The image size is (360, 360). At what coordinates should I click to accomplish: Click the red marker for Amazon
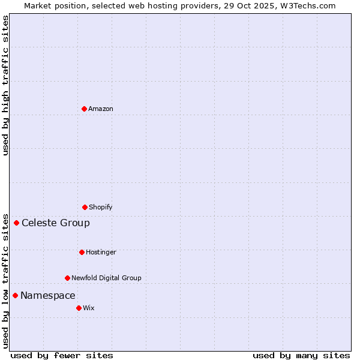(84, 109)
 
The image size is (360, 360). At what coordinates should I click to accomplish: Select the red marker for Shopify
(85, 207)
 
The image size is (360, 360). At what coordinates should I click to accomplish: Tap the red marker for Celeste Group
(16, 223)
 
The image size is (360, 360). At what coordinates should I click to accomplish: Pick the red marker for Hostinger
(82, 252)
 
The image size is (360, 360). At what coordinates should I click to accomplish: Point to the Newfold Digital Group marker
(67, 278)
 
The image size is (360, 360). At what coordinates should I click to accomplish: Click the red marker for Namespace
(15, 295)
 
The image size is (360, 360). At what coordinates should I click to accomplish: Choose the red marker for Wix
(79, 308)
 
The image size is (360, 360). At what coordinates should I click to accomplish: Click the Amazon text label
(101, 109)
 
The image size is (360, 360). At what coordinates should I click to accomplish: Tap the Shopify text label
(101, 207)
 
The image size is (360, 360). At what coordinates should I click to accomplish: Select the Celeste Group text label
(56, 223)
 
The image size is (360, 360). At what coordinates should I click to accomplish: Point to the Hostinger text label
(101, 252)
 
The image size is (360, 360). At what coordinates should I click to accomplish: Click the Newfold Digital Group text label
(106, 278)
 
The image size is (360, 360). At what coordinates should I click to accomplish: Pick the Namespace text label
(48, 295)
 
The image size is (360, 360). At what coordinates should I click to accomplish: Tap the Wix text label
(89, 308)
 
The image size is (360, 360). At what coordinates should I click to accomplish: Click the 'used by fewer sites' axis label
(62, 355)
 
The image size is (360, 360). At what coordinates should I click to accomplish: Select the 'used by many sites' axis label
(301, 355)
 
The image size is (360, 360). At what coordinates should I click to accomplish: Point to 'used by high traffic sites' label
(5, 85)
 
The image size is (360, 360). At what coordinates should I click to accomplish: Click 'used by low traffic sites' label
(5, 280)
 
